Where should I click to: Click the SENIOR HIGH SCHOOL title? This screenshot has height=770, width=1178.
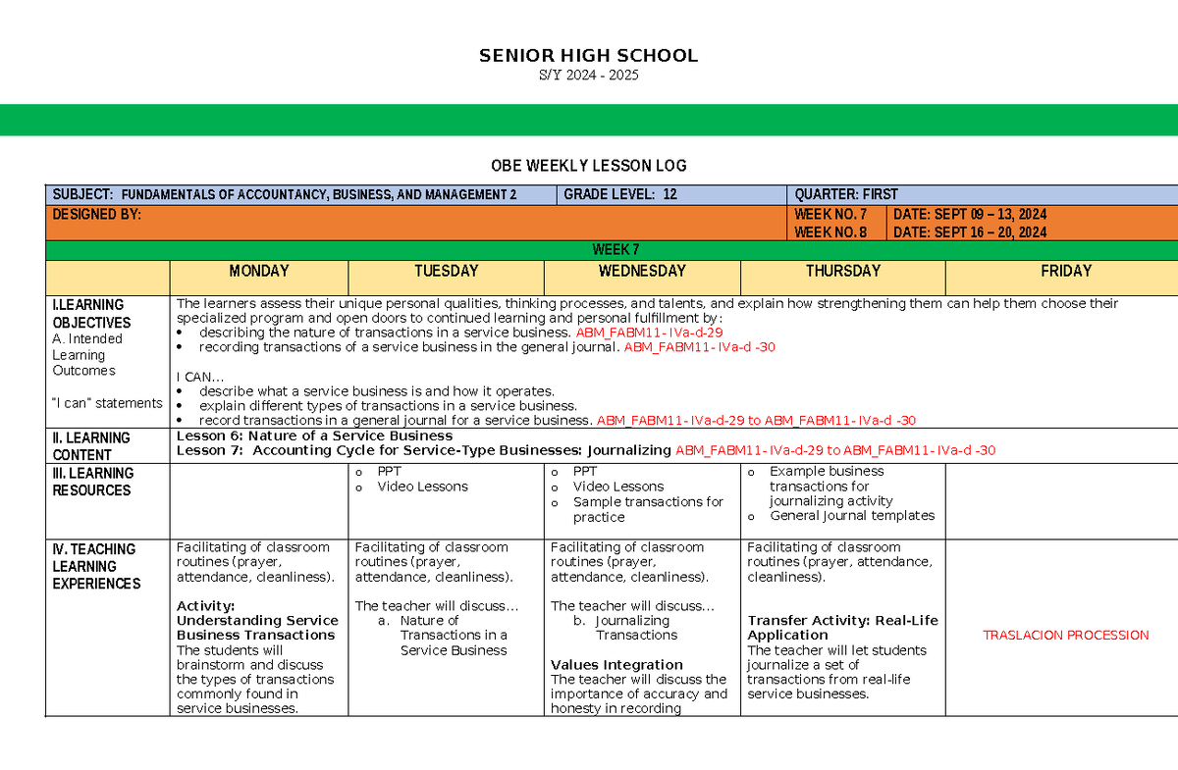pos(588,56)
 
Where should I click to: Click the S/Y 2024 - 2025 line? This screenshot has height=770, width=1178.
pos(588,76)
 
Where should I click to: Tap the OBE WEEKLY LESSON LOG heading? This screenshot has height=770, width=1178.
pos(588,166)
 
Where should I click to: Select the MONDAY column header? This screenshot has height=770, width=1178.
pos(259,271)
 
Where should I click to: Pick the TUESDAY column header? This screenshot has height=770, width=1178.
pos(446,271)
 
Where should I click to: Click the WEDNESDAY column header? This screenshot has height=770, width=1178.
pos(642,271)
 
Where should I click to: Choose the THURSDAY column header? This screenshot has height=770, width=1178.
pos(842,271)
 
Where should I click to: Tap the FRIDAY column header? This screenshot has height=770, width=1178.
pos(1066,271)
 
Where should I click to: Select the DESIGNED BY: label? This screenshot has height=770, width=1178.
pos(96,214)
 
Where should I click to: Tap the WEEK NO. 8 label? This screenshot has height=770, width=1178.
pos(830,232)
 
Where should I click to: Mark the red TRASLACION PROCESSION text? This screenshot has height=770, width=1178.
pos(1065,636)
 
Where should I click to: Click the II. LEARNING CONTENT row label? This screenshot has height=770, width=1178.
pos(90,446)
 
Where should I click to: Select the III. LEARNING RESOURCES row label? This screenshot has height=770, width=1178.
pos(92,482)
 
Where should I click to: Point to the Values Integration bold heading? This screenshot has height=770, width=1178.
pos(616,664)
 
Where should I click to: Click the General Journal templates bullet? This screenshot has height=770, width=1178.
pos(852,516)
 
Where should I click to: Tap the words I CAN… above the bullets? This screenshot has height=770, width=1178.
pos(200,377)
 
